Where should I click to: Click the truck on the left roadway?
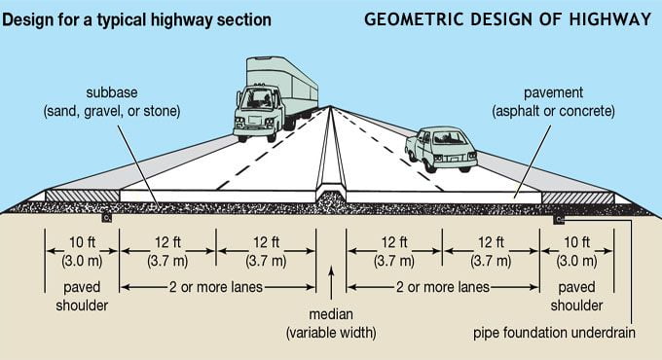[x=275, y=99]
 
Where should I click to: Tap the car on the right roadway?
[x=441, y=149]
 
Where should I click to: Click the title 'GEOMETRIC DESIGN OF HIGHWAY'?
[x=508, y=19]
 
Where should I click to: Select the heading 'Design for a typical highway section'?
[x=136, y=19]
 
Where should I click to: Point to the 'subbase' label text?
[x=112, y=92]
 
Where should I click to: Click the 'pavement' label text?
[x=553, y=92]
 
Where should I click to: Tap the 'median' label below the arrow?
[x=331, y=314]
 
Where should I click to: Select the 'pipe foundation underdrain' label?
[x=554, y=333]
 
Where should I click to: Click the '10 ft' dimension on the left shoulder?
[x=82, y=242]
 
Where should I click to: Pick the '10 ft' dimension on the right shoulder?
[x=576, y=242]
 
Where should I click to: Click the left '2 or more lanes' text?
[x=216, y=287]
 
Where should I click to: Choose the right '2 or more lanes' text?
[x=442, y=287]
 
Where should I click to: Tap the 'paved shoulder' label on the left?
[x=82, y=297]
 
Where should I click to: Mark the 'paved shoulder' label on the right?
[x=576, y=297]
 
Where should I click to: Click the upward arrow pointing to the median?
[x=331, y=282]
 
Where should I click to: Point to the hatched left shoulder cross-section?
[x=82, y=196]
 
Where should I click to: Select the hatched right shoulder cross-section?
[x=577, y=198]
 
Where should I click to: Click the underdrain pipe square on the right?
[x=559, y=220]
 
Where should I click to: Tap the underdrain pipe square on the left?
[x=107, y=218]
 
